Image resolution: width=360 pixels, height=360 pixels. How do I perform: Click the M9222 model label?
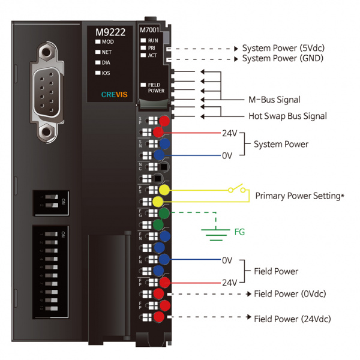(x=110, y=32)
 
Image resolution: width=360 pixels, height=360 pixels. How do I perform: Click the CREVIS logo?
(x=113, y=94)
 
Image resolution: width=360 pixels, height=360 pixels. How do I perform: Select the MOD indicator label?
(x=107, y=42)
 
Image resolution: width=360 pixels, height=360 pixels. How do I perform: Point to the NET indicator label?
(x=107, y=52)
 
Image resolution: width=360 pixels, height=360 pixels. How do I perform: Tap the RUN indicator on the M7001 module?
(x=152, y=39)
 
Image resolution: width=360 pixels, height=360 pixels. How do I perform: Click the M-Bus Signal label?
(x=274, y=100)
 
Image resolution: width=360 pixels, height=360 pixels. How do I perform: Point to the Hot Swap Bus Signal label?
(x=287, y=116)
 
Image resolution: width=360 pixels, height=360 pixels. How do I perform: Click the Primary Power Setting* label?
(x=304, y=196)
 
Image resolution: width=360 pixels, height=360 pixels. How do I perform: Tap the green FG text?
(x=240, y=231)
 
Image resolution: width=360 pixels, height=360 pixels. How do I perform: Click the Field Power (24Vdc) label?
(x=292, y=319)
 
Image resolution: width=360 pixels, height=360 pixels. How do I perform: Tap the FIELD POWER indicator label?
(x=155, y=88)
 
